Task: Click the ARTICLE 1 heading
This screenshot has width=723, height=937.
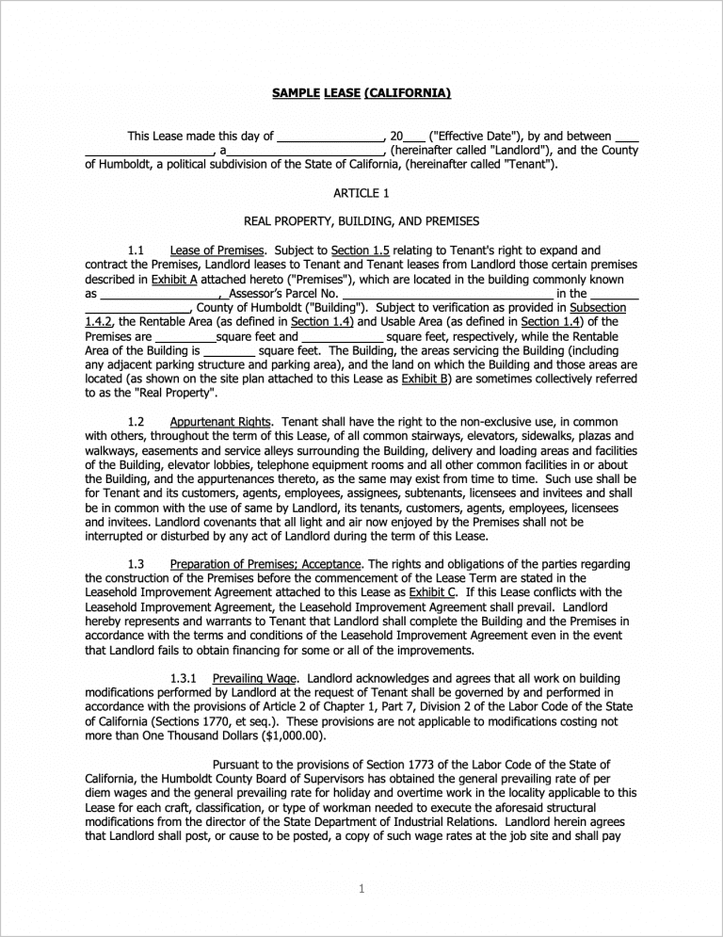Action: [x=361, y=193]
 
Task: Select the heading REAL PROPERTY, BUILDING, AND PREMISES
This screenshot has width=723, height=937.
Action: [x=361, y=221]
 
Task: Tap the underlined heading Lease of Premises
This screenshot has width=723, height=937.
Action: [x=217, y=250]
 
